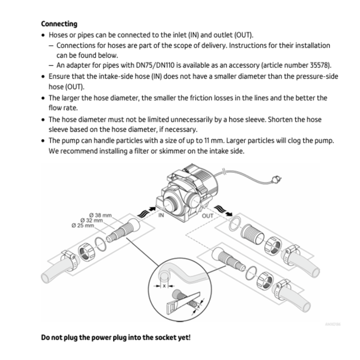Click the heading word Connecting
pos(59,24)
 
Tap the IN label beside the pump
pos(160,215)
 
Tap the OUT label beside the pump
pos(207,216)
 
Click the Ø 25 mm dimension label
pos(83,225)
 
